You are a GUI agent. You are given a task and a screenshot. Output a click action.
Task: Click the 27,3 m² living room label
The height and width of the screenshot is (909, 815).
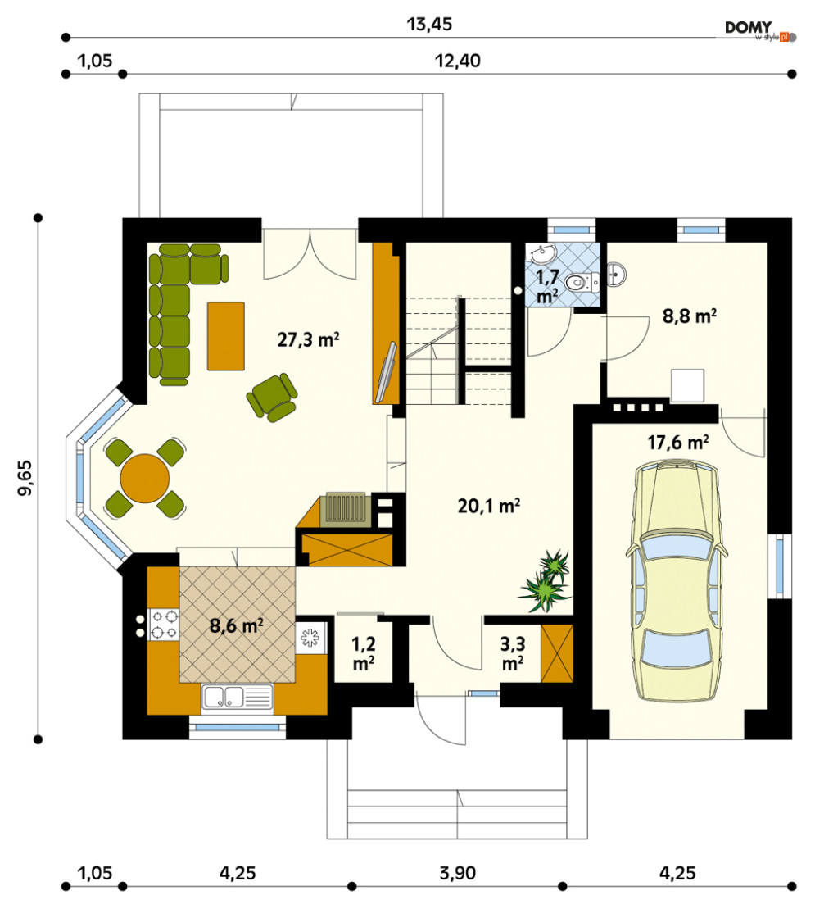308,339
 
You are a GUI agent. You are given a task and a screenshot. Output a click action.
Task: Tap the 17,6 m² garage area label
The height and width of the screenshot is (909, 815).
677,443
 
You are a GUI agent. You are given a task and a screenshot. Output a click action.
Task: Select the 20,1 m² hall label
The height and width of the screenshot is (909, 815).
488,506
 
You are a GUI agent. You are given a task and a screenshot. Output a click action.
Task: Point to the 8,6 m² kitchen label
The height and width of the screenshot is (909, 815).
237,625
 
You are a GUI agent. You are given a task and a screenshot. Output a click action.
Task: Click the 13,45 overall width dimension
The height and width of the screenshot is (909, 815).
429,25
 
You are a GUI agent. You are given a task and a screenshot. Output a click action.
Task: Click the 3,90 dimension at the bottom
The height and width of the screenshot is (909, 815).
458,872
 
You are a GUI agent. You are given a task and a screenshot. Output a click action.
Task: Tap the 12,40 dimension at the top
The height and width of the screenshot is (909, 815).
458,61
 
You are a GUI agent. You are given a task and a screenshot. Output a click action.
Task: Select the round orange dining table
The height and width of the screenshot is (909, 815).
145,479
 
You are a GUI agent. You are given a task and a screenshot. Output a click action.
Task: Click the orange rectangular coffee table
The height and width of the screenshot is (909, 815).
226,336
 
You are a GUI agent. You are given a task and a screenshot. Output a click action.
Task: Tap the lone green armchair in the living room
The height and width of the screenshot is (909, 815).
272,397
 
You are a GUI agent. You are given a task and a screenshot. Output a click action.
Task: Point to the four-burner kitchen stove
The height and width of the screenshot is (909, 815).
164,625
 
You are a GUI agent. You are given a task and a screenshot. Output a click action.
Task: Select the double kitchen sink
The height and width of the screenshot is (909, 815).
237,698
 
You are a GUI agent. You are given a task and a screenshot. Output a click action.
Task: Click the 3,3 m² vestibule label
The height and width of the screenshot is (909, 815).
513,652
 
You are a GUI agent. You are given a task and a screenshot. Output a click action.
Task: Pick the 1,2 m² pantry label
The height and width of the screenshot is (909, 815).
363,652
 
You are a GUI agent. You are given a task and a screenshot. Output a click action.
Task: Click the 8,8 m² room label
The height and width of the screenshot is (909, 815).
690,316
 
